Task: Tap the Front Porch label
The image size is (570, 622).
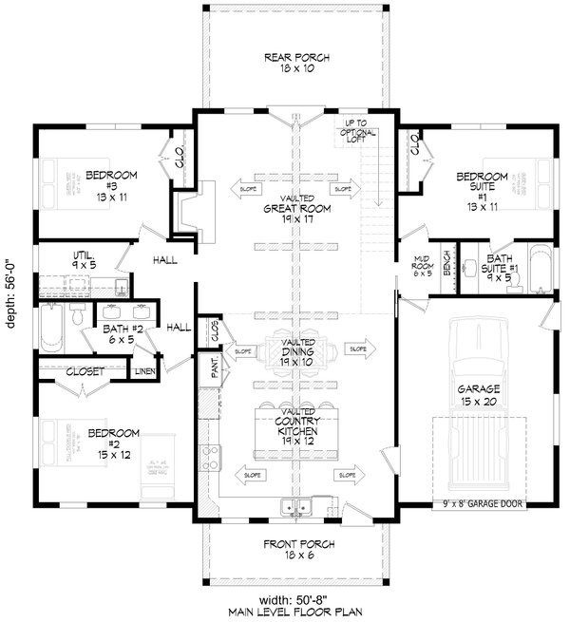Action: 296,549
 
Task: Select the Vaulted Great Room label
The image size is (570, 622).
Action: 296,209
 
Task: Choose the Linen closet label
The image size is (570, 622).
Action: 144,370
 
